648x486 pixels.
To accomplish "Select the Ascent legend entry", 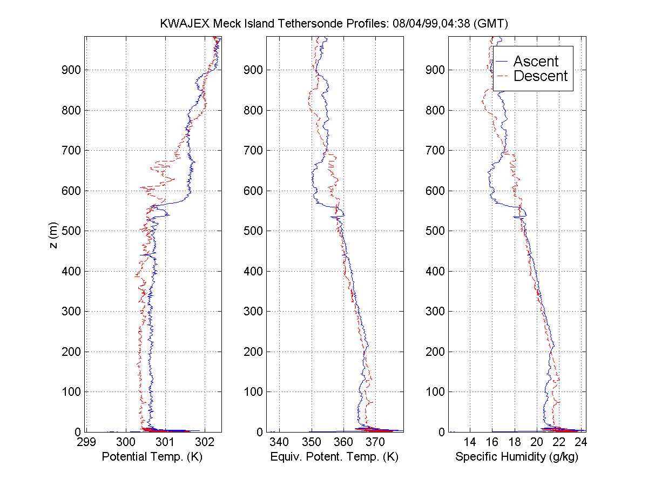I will coord(536,62).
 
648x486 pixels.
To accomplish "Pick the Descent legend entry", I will coord(541,76).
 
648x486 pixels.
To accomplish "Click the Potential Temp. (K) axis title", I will coord(152,457).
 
